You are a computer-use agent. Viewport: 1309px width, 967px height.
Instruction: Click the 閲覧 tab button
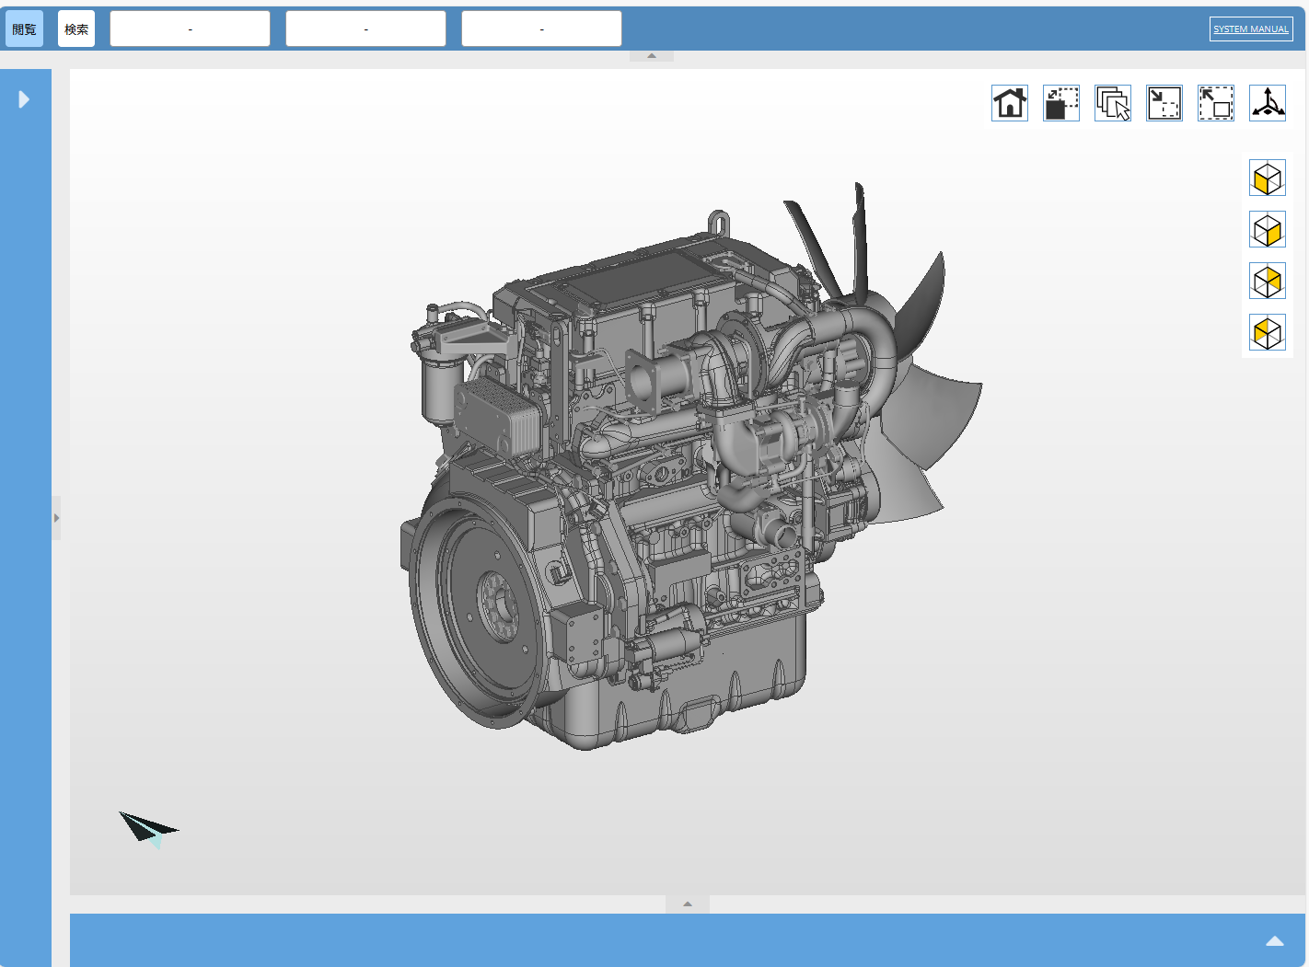tap(24, 29)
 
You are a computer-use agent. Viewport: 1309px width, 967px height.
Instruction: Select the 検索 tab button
tap(76, 29)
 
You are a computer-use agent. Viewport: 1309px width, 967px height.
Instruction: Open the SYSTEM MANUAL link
tap(1250, 29)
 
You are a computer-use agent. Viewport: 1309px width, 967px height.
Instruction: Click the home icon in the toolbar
tap(1010, 103)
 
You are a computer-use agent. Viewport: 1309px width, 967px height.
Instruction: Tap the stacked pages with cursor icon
tap(1113, 103)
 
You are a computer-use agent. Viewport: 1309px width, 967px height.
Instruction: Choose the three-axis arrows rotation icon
tap(1268, 103)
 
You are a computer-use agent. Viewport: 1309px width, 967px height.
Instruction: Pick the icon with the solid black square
tap(1061, 103)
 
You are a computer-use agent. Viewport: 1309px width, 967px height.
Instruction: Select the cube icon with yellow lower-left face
tap(1268, 178)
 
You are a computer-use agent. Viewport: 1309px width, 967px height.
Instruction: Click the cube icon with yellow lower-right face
tap(1268, 230)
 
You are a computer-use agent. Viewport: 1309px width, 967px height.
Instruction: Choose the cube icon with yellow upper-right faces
tap(1268, 282)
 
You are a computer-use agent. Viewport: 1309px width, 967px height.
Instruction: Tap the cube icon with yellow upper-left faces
tap(1268, 333)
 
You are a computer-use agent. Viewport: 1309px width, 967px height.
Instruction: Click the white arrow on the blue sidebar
tap(24, 99)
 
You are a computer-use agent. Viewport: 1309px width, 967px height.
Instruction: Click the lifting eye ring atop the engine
tap(719, 223)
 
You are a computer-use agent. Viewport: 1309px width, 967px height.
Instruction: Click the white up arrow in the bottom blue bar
tap(1275, 940)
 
